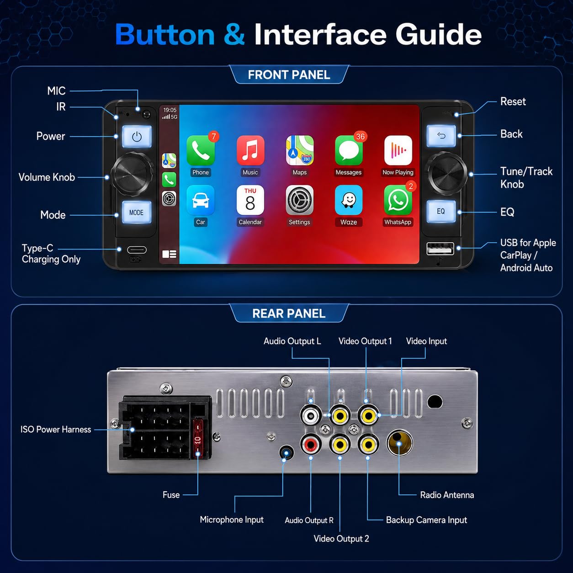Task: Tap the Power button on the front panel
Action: click(137, 137)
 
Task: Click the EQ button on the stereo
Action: click(440, 211)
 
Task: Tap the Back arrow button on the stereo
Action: click(441, 136)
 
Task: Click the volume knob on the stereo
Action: click(133, 174)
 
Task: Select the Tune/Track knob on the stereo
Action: click(447, 173)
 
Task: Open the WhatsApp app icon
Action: click(398, 200)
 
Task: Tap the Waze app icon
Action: click(349, 200)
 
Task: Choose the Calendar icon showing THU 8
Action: click(250, 200)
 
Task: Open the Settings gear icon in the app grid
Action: click(299, 200)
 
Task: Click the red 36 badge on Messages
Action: click(361, 137)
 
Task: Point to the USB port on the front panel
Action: click(440, 249)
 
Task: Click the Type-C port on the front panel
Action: click(137, 250)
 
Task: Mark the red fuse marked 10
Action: click(198, 438)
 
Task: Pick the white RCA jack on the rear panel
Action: click(311, 415)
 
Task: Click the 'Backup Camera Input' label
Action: click(426, 520)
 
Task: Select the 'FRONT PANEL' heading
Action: click(289, 74)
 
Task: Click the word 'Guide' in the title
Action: click(438, 35)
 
